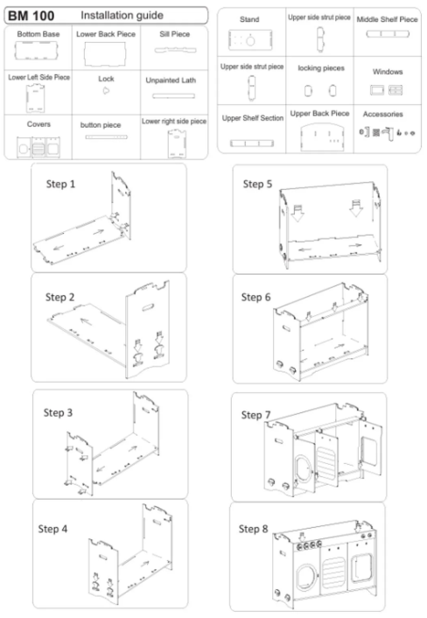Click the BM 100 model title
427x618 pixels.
point(32,16)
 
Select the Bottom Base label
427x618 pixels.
point(37,34)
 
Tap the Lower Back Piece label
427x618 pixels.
point(105,34)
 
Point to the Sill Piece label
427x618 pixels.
point(173,34)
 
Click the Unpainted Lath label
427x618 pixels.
point(173,80)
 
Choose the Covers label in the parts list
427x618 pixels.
point(38,124)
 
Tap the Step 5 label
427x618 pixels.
point(260,184)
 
